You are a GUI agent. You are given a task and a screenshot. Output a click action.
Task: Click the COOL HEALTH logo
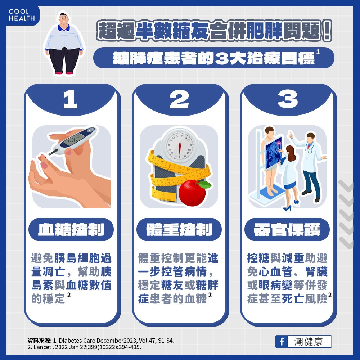point(21,15)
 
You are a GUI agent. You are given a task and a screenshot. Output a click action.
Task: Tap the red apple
point(193,193)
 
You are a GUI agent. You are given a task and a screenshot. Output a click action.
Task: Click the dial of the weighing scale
point(179,146)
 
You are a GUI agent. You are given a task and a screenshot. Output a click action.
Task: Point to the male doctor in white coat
point(310,162)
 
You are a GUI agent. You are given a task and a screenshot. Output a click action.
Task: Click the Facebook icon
point(282,341)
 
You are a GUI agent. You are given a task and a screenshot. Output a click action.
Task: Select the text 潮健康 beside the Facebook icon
point(309,341)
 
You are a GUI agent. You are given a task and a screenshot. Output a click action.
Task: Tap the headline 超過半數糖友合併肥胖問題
point(214,32)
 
